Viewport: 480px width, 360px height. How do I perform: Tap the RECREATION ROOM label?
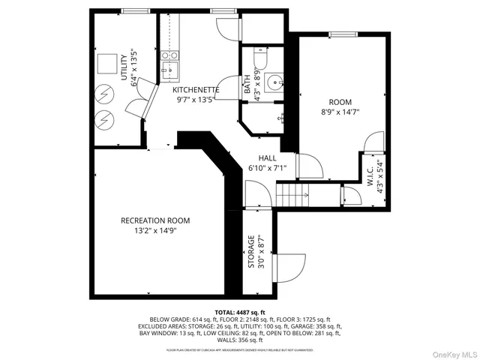[x=155, y=220]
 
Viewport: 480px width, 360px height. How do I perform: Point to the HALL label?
[x=267, y=158]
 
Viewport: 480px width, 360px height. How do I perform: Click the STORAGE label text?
[x=251, y=251]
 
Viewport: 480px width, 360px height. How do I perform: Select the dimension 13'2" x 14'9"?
[x=155, y=231]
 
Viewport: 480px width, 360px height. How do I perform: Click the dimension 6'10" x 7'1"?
[x=267, y=168]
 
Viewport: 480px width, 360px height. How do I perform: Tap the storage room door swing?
[x=292, y=265]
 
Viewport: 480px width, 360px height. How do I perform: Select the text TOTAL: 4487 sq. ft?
[x=239, y=311]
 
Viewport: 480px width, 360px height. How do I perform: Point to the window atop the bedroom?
[x=340, y=34]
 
